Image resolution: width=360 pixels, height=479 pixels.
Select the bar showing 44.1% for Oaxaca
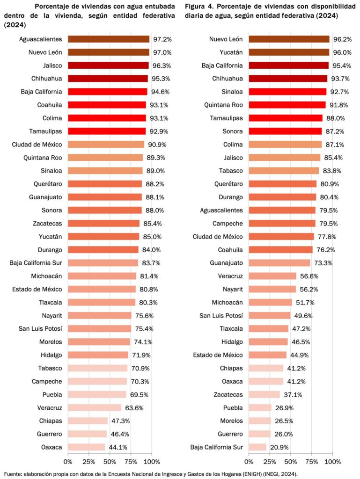[87, 447]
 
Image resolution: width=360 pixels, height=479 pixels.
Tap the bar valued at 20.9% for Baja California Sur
[257, 447]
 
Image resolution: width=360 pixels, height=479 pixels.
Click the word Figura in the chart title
[195, 7]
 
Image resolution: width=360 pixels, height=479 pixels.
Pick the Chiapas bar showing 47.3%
[88, 421]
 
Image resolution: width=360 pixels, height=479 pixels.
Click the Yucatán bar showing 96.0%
[289, 52]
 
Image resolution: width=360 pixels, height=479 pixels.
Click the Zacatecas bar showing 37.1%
[264, 394]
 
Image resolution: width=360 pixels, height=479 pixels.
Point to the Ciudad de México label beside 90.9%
[37, 145]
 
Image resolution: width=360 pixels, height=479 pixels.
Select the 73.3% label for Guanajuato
[323, 263]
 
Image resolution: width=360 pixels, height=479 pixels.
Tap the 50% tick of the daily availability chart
[291, 462]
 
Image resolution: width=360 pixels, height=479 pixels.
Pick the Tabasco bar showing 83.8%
[284, 171]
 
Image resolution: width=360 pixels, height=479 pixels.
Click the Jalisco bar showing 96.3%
[108, 65]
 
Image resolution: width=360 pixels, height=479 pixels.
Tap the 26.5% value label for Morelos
[282, 421]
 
